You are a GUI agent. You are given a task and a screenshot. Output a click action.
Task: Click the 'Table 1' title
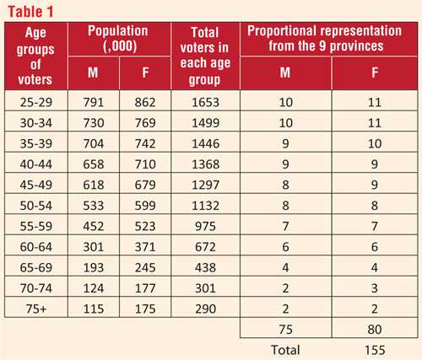click(x=30, y=12)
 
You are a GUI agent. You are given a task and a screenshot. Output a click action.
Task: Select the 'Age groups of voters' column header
click(x=35, y=56)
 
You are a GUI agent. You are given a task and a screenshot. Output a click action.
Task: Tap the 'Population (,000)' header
click(x=118, y=39)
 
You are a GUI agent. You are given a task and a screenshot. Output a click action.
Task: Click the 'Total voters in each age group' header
click(x=205, y=56)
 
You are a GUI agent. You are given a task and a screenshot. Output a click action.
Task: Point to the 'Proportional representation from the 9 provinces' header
click(x=325, y=39)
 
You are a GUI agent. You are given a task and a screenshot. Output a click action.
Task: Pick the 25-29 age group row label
click(x=36, y=102)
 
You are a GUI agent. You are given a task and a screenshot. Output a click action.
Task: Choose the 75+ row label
click(x=36, y=309)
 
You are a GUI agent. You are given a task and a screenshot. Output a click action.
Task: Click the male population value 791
click(x=94, y=102)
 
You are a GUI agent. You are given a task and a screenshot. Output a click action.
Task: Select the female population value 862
click(x=145, y=102)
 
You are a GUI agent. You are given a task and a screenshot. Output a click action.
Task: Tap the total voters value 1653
click(x=206, y=102)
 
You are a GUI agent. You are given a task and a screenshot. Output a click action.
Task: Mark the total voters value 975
click(x=205, y=226)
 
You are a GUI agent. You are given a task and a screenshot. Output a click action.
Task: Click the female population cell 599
click(x=145, y=206)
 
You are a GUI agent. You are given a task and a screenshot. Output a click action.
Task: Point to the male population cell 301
click(x=94, y=247)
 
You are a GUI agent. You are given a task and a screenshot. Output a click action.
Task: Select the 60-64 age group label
click(x=36, y=247)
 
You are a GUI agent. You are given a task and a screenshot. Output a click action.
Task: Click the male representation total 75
click(x=286, y=330)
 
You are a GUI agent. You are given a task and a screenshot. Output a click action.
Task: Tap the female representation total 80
click(x=375, y=330)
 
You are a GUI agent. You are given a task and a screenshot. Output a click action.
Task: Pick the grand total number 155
click(x=375, y=350)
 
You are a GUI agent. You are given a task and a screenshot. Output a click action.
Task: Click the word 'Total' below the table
click(x=285, y=350)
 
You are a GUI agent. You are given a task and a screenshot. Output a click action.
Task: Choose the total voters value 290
click(x=206, y=309)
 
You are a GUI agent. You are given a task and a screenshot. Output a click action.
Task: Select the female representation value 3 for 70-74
click(x=375, y=288)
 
